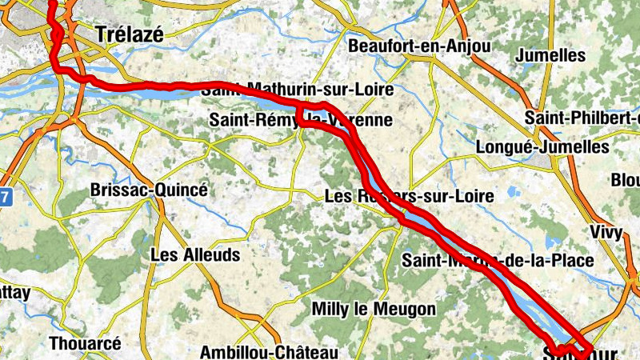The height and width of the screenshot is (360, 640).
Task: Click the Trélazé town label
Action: point(129,34)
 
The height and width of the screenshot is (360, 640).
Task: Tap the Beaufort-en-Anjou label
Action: point(419,46)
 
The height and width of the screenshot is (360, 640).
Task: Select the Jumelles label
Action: point(551,55)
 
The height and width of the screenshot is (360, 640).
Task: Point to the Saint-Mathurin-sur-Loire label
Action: point(298,90)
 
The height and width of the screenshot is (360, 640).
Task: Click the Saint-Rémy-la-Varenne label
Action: point(301,120)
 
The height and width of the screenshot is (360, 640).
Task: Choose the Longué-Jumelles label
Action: point(542,147)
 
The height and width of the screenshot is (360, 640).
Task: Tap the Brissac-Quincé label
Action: point(149,190)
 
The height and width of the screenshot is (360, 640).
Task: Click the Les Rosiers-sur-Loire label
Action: point(409,195)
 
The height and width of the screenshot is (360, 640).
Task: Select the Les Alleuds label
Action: point(195,255)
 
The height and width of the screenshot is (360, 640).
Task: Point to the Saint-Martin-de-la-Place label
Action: point(498,260)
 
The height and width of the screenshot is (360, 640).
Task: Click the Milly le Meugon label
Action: point(374,309)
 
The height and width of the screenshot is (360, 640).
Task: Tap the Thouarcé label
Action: point(85,343)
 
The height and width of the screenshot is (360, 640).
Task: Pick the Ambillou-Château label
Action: point(269,352)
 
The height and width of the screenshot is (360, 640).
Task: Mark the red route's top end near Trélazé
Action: point(53,3)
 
